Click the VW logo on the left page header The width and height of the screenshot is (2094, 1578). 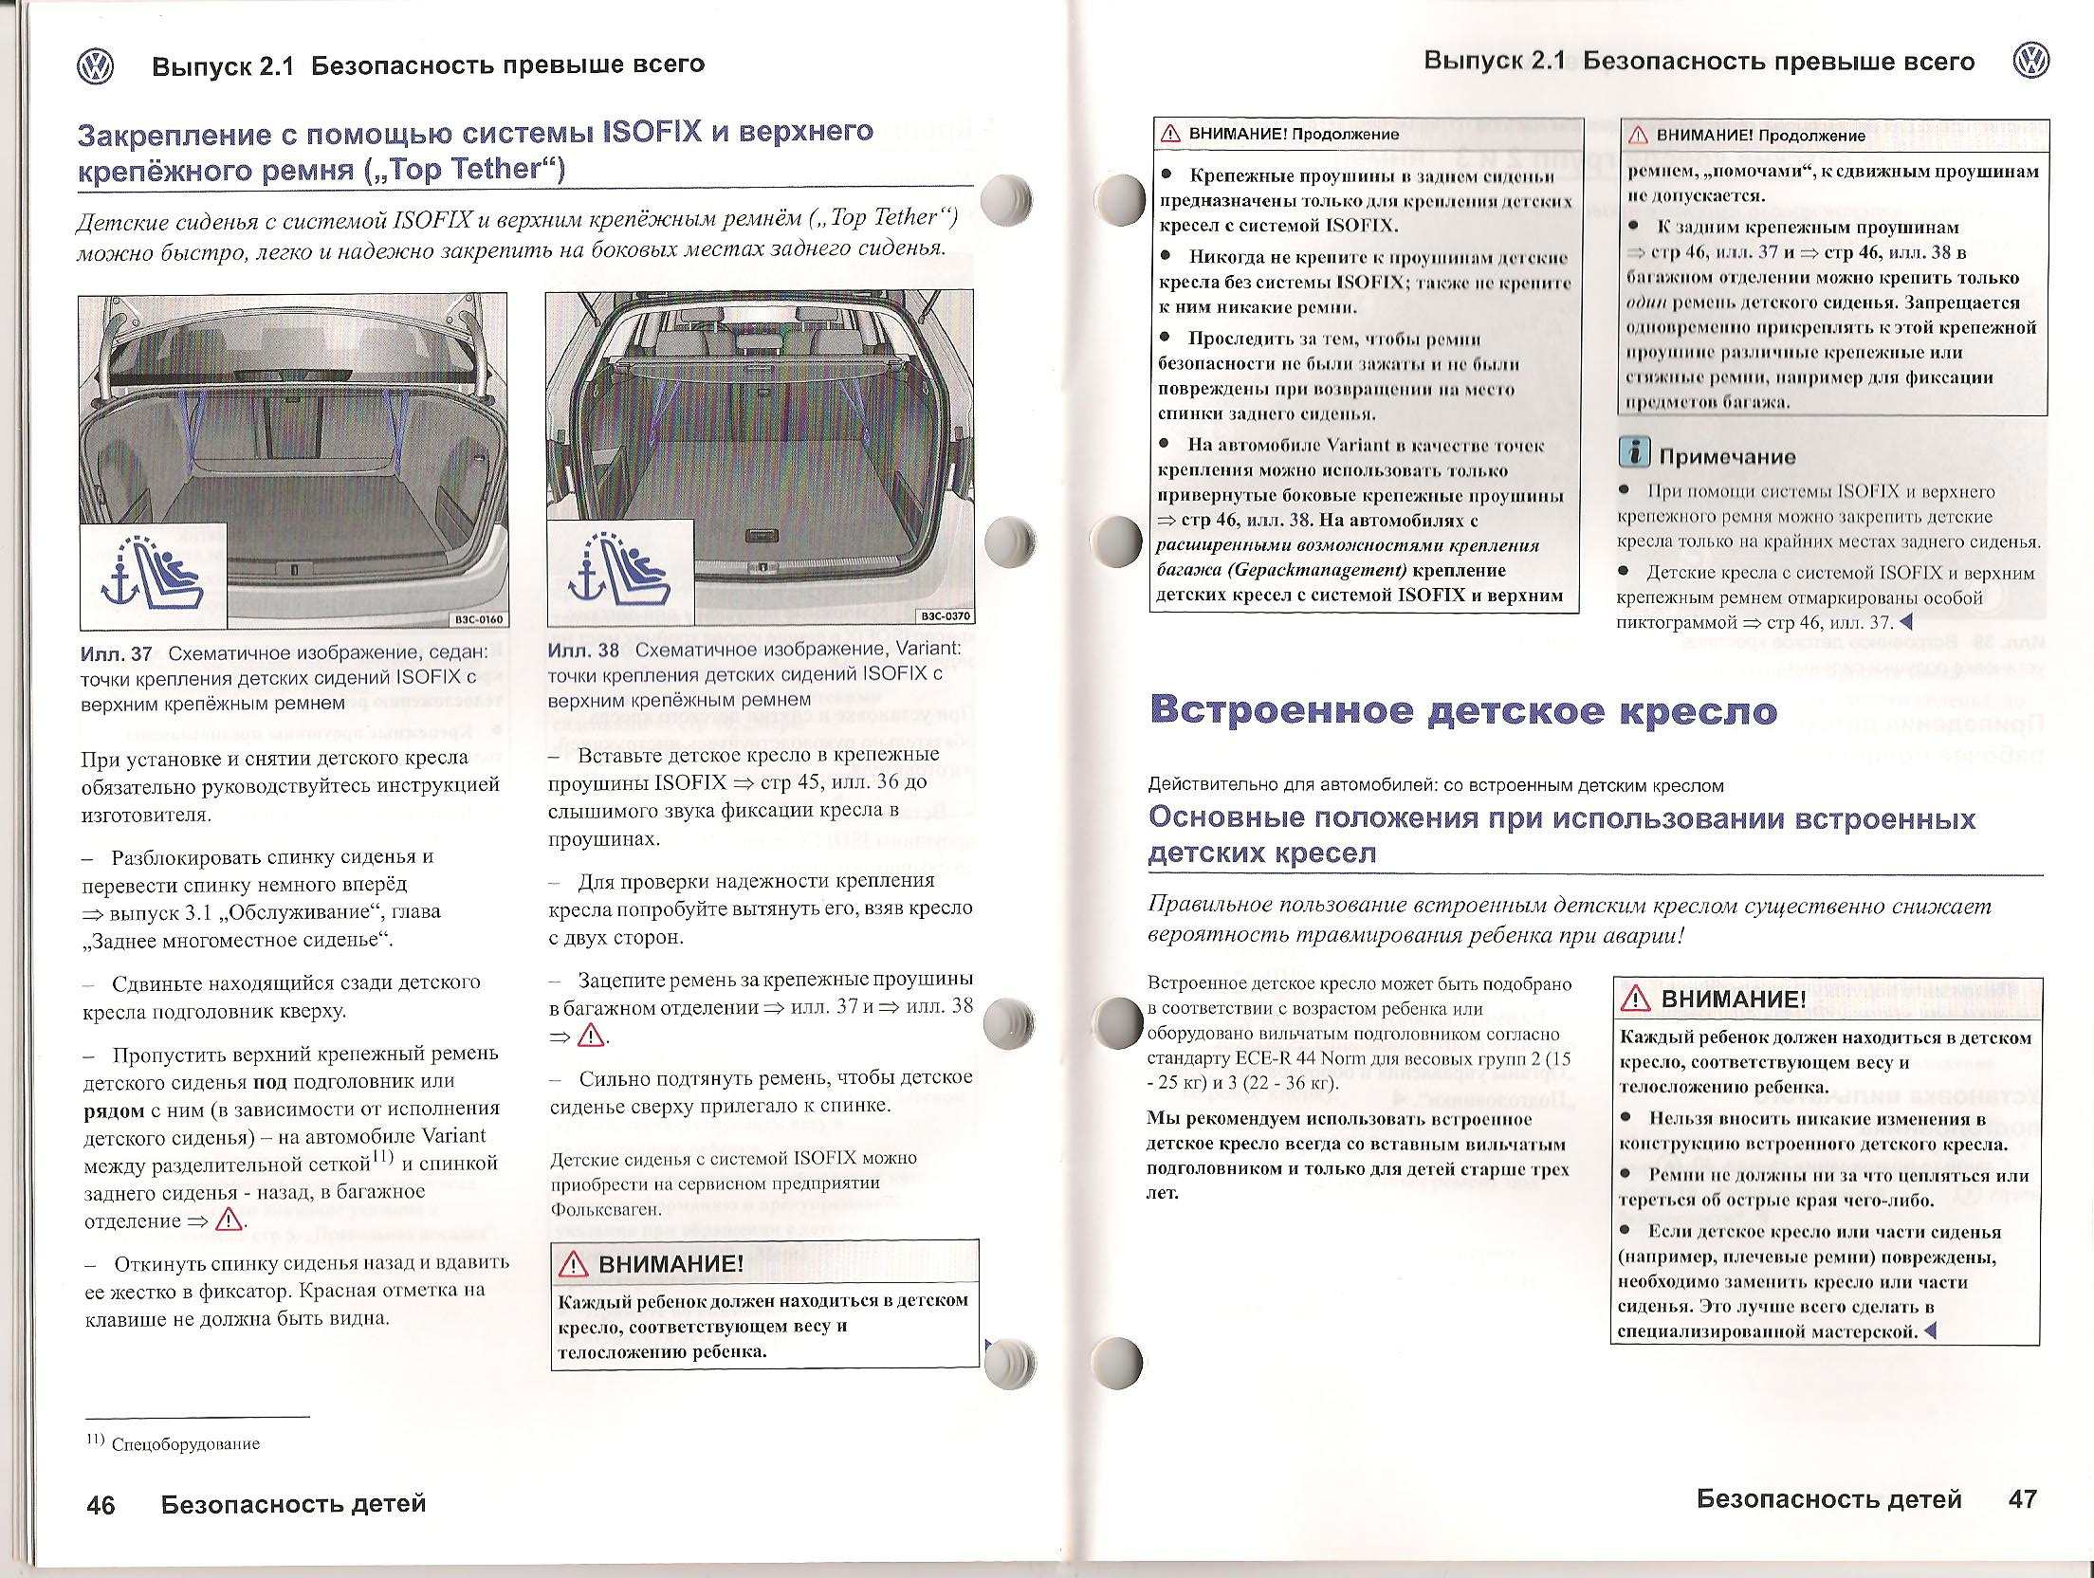point(95,67)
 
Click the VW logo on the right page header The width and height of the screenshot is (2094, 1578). point(2030,62)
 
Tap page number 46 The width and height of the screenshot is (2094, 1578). point(101,1506)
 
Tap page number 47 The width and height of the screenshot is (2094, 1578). point(2023,1499)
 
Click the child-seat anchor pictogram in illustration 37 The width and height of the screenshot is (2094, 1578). point(152,575)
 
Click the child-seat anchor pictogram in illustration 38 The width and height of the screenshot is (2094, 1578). point(619,573)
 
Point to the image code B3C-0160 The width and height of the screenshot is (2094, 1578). point(479,619)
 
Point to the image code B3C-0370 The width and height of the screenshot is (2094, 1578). point(946,616)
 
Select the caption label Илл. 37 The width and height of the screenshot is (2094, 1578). point(116,653)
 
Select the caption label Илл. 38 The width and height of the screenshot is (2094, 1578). point(583,651)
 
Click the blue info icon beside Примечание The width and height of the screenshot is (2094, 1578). point(1634,454)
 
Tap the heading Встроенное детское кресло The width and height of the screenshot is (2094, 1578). point(1462,711)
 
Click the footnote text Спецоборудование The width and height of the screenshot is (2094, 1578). point(185,1444)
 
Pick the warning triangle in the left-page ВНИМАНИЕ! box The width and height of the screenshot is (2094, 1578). point(575,1264)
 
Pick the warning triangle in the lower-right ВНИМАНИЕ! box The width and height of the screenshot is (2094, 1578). point(1636,999)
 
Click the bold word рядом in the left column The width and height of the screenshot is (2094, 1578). point(113,1109)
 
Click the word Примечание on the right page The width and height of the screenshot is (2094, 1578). point(1727,457)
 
